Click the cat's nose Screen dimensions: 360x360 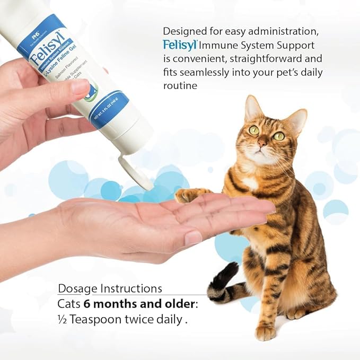[262, 143]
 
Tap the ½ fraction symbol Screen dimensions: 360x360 [62, 320]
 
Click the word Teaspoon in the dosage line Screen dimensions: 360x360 [95, 320]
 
